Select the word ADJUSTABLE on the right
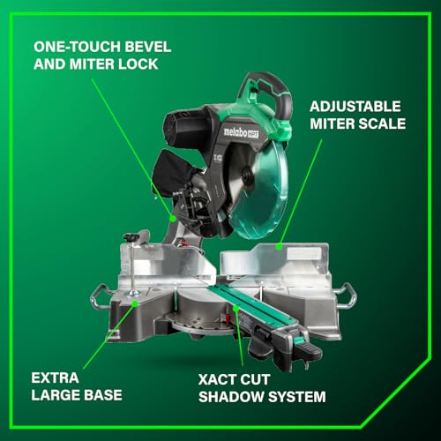(x=349, y=104)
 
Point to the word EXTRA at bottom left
(x=55, y=377)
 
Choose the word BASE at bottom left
(x=101, y=396)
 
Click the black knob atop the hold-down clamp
(x=132, y=236)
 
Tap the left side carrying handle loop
(x=99, y=296)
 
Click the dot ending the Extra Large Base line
(x=135, y=303)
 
